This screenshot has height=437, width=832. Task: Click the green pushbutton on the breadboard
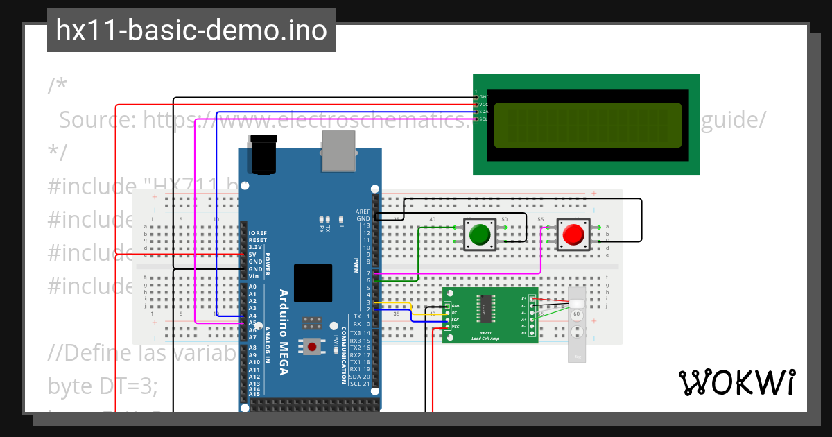coord(478,234)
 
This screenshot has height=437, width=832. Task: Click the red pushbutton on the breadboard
coord(573,234)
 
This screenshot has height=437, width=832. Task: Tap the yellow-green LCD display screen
coord(587,126)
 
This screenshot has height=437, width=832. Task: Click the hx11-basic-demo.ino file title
coord(191,31)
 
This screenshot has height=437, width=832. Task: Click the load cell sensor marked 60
coord(576,314)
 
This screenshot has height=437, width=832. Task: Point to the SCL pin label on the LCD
coord(484,119)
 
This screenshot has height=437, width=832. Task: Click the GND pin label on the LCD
coord(484,97)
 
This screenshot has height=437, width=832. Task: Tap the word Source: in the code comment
coord(97,120)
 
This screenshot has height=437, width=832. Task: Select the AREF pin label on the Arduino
coord(363,212)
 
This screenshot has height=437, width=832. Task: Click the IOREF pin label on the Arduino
coord(257,233)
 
